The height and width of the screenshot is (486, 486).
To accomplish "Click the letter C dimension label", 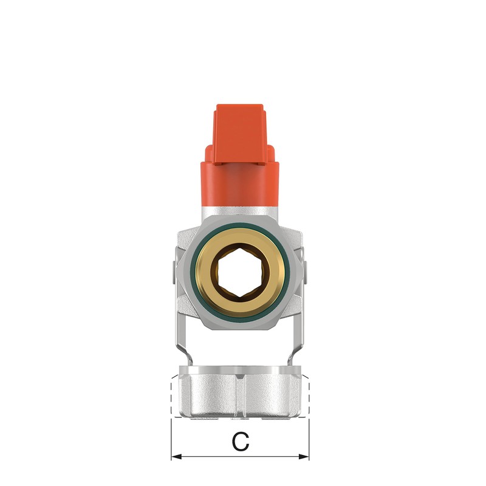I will tap(241, 442).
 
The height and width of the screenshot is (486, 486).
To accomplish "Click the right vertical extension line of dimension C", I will tap(309, 437).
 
